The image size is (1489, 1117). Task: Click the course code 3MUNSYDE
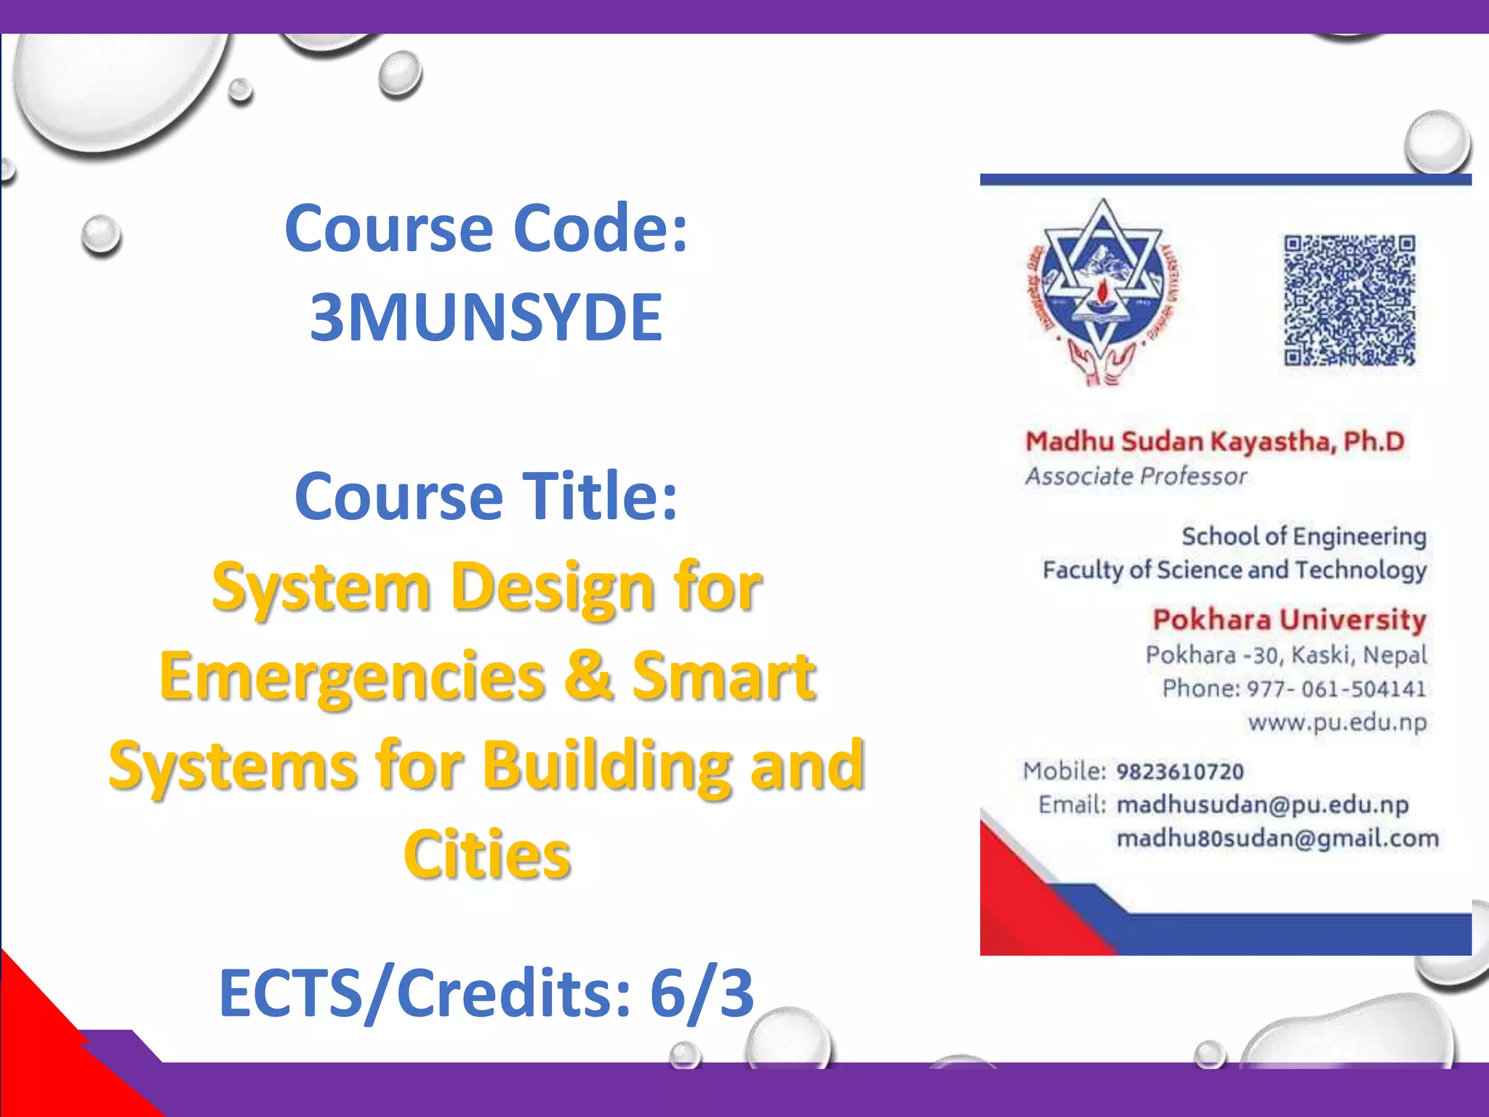click(486, 317)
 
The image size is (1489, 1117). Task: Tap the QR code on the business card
click(1349, 300)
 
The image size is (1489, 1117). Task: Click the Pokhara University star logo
click(1102, 291)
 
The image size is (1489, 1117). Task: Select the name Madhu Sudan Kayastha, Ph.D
click(1214, 441)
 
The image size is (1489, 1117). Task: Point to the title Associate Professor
click(1136, 476)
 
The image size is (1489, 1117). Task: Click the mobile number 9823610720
click(1180, 771)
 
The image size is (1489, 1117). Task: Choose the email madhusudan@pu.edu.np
click(1262, 804)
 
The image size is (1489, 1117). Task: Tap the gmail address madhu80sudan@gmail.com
click(1277, 838)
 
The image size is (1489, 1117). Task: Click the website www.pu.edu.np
click(1337, 722)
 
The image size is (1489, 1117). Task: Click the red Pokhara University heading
click(1289, 620)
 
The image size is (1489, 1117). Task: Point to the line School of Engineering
click(1304, 536)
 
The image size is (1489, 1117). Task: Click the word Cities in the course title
click(487, 854)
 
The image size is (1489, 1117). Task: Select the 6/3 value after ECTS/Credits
click(702, 993)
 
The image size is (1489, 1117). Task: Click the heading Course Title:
click(486, 496)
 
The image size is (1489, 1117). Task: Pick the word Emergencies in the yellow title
click(353, 676)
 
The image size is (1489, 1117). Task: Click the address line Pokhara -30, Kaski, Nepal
click(1286, 654)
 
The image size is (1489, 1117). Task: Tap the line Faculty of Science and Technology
click(1235, 569)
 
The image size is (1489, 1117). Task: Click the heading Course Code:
click(486, 228)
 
